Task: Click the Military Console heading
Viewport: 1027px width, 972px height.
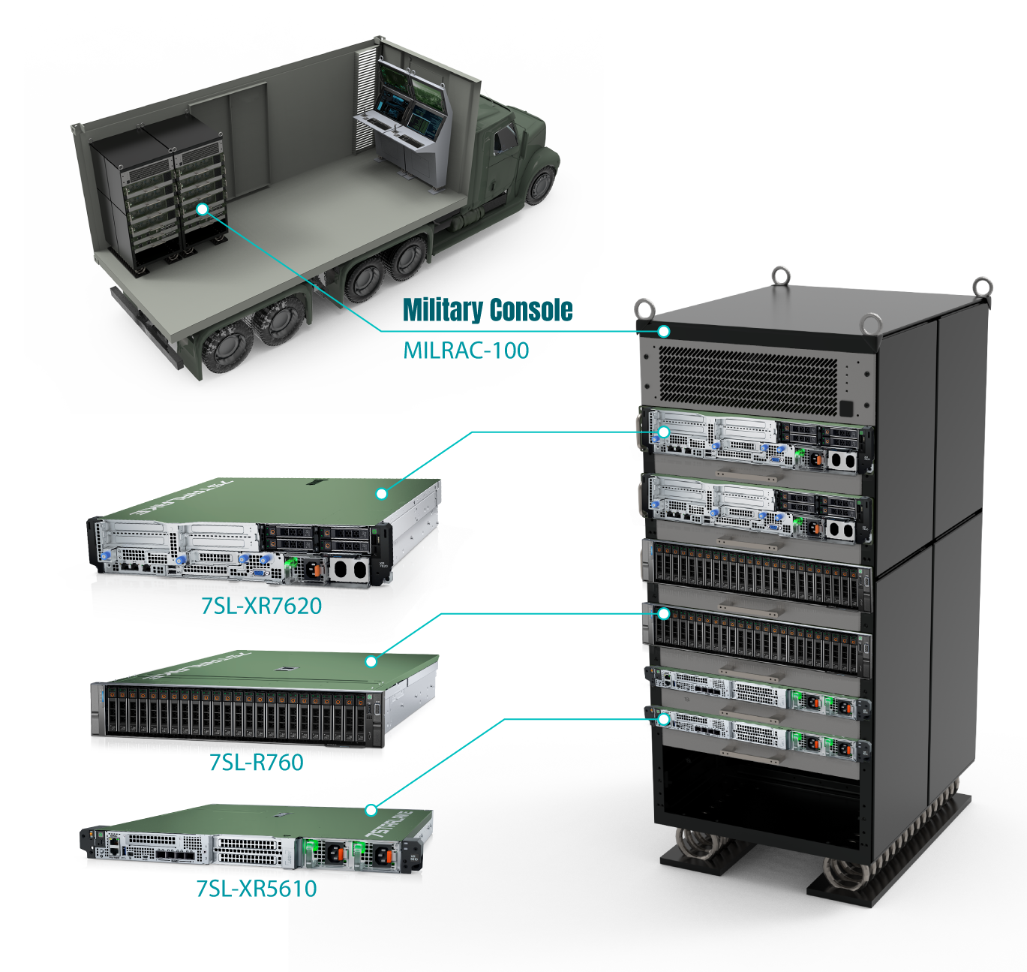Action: pos(488,309)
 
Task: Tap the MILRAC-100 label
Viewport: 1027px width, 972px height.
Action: pos(466,351)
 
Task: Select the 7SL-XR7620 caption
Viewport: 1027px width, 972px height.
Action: pos(261,606)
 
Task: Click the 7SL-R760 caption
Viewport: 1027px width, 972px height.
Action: pos(256,763)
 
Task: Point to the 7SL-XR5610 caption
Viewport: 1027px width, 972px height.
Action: pos(257,889)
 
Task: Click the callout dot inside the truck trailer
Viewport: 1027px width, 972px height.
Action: pos(203,209)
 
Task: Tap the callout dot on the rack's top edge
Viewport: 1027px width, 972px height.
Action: pos(663,332)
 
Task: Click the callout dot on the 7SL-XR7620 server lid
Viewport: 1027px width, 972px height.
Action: pos(381,494)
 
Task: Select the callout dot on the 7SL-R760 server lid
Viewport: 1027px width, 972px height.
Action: pos(371,661)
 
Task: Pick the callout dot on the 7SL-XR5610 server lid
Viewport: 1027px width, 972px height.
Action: pos(371,810)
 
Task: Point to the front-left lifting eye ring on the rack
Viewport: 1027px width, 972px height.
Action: pos(644,308)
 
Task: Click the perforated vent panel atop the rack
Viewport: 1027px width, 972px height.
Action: pos(747,380)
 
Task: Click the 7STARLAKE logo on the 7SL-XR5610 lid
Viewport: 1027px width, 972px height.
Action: pos(390,825)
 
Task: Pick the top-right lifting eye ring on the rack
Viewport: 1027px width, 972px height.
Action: pos(983,287)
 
